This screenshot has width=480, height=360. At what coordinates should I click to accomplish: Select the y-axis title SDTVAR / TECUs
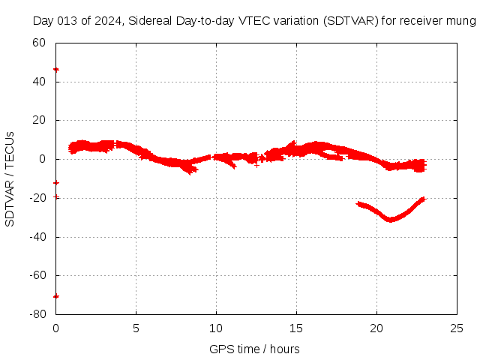pyautogui.click(x=10, y=178)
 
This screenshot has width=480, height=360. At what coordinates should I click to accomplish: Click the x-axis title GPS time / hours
pyautogui.click(x=254, y=349)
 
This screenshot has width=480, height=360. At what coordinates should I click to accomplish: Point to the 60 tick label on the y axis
pyautogui.click(x=40, y=42)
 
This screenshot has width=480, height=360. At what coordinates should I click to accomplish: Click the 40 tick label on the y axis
pyautogui.click(x=40, y=81)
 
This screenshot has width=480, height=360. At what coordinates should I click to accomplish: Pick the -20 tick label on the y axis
pyautogui.click(x=37, y=198)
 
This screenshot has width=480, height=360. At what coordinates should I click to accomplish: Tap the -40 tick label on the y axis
pyautogui.click(x=37, y=237)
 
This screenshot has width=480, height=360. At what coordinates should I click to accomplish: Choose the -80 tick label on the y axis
pyautogui.click(x=37, y=315)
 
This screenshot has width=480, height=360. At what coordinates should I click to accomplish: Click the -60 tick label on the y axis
pyautogui.click(x=37, y=276)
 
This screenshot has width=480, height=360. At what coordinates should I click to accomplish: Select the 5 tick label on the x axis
pyautogui.click(x=136, y=328)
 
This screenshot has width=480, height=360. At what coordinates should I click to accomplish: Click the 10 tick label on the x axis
pyautogui.click(x=216, y=328)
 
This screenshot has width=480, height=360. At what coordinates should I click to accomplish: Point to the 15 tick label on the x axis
pyautogui.click(x=296, y=328)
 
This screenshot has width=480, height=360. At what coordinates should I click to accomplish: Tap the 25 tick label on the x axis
pyautogui.click(x=457, y=328)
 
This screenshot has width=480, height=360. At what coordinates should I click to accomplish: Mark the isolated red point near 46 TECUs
pyautogui.click(x=56, y=69)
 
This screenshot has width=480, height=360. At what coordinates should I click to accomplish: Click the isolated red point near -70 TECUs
pyautogui.click(x=56, y=295)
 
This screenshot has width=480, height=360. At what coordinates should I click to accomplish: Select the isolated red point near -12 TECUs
pyautogui.click(x=56, y=182)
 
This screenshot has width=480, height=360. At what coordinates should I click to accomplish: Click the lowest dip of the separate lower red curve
pyautogui.click(x=390, y=220)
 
